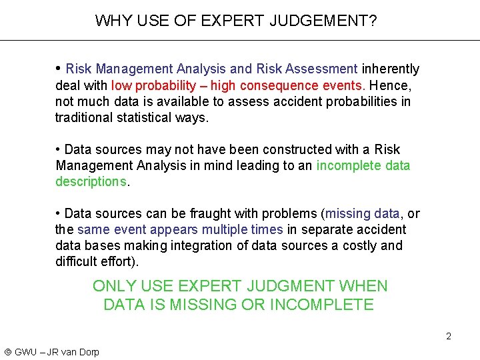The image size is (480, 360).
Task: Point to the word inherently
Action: coord(391,69)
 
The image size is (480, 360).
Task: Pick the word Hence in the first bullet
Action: coord(389,85)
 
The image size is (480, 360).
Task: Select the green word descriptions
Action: coord(91,181)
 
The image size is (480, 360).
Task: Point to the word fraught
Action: coord(245,213)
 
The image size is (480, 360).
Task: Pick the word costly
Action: coord(360,245)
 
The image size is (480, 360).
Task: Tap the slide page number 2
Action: coord(449,336)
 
